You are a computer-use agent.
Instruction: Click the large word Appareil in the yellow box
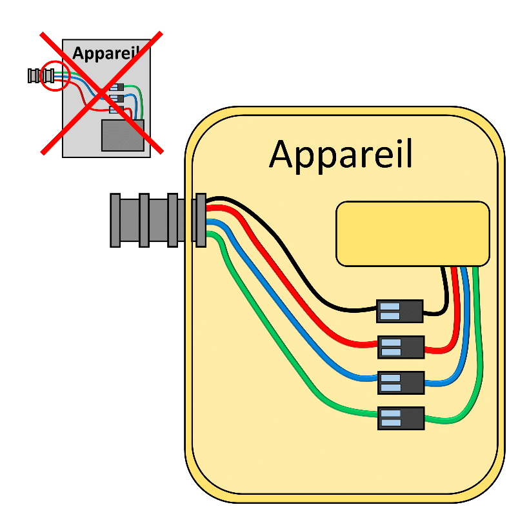(x=341, y=155)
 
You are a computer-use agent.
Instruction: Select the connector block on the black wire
(x=400, y=311)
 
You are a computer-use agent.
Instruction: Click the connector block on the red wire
(x=401, y=347)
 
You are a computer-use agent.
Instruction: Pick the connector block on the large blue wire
(x=401, y=383)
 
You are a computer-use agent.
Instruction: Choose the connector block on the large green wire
(x=401, y=418)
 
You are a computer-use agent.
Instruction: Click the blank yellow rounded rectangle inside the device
(x=413, y=234)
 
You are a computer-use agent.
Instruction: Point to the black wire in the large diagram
(x=297, y=264)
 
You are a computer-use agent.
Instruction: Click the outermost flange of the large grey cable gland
(x=115, y=221)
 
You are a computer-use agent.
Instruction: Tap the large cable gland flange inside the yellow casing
(x=201, y=221)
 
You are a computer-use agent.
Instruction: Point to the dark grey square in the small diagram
(x=123, y=135)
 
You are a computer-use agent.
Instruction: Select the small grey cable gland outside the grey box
(x=41, y=75)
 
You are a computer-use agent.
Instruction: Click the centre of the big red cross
(x=102, y=93)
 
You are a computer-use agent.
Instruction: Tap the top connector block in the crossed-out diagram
(x=117, y=87)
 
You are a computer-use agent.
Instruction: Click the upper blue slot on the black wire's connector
(x=390, y=306)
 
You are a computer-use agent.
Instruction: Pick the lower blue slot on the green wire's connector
(x=391, y=423)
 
